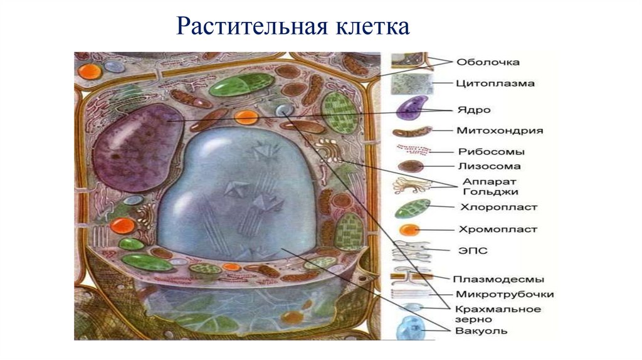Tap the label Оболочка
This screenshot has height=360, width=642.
(487, 62)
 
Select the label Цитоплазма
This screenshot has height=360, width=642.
(495, 83)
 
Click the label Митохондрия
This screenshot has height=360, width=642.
(499, 131)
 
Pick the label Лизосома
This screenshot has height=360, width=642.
(488, 167)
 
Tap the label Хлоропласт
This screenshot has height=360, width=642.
(498, 206)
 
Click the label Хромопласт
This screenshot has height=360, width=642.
(498, 230)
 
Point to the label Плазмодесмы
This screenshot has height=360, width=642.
(500, 279)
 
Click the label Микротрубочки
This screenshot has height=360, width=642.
(505, 294)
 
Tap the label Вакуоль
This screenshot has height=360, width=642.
(481, 331)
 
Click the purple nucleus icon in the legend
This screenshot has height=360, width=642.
(412, 107)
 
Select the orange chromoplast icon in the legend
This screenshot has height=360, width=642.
(410, 230)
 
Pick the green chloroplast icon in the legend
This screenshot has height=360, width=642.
(413, 207)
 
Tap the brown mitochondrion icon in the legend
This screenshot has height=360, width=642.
(412, 132)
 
